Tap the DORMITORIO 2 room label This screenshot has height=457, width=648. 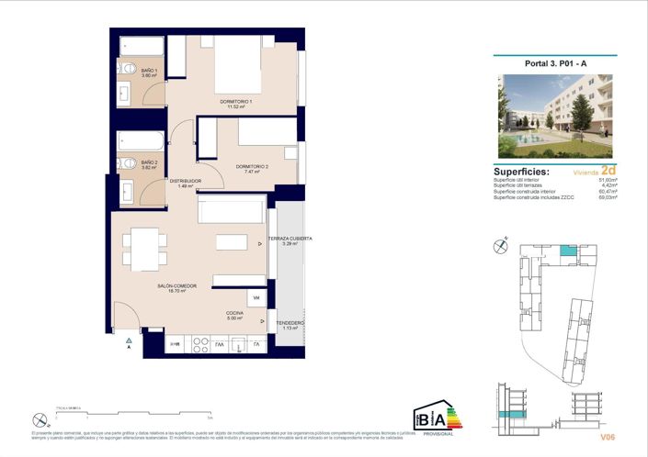tap(252, 167)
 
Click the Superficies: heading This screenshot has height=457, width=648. tap(521, 172)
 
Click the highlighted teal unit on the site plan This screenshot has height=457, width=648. tap(569, 251)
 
